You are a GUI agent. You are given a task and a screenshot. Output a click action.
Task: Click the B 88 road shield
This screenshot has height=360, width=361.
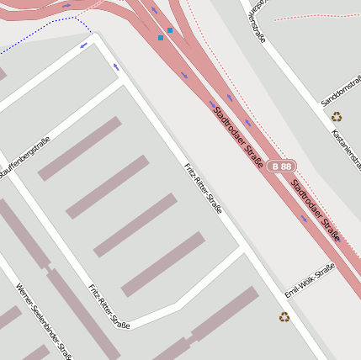282,167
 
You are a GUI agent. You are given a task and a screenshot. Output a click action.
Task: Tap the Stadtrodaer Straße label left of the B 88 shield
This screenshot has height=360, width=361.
238,135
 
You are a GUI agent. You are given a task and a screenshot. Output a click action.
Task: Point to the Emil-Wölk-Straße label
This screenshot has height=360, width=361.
310,280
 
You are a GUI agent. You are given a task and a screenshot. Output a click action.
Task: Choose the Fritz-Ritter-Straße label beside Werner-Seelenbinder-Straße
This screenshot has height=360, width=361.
109,307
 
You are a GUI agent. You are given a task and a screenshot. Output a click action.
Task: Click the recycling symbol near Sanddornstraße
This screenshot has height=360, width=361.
337,117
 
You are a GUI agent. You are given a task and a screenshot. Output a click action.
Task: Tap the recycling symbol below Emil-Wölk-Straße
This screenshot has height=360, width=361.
284,317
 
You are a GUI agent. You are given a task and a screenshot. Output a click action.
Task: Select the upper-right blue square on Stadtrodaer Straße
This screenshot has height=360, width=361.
170,30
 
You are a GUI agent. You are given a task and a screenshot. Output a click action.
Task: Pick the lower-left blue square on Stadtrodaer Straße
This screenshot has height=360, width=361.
161,38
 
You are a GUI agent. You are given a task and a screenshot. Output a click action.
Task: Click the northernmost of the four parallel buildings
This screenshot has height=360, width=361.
80,149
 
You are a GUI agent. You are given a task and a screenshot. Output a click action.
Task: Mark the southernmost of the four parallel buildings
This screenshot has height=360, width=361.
163,264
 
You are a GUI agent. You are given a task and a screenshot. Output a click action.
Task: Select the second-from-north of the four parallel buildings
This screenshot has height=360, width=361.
108,187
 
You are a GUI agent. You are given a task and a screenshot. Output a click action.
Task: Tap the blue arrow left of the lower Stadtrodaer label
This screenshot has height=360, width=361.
304,219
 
